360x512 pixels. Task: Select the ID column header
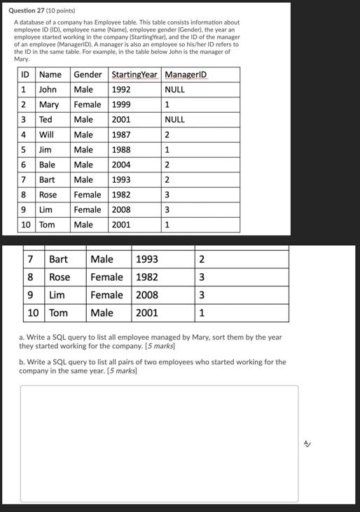click(x=25, y=75)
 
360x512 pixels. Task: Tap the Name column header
click(x=50, y=75)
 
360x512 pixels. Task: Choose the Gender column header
click(x=88, y=75)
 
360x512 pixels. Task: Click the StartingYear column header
click(x=134, y=75)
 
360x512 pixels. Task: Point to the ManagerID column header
click(x=186, y=75)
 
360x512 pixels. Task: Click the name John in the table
click(x=48, y=90)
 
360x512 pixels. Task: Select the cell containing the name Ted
click(x=46, y=120)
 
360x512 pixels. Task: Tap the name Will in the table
click(x=46, y=134)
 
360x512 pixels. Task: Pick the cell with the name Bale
click(x=47, y=165)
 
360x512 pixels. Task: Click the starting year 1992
click(x=121, y=90)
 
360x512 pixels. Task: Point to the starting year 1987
click(x=121, y=134)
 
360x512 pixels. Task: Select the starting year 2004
click(x=121, y=165)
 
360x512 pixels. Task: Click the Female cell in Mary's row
click(x=88, y=105)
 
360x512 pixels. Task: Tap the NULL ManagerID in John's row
click(x=175, y=90)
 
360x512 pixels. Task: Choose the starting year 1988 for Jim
click(x=121, y=150)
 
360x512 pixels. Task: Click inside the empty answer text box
click(x=159, y=443)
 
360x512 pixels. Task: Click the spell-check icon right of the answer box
click(x=307, y=444)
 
